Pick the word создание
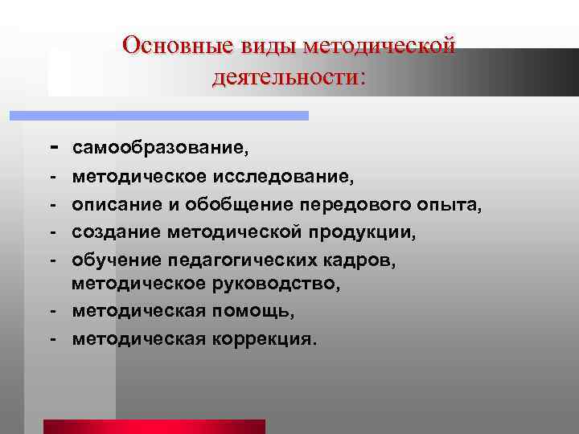click(117, 232)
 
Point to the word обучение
click(117, 260)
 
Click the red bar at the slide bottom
click(154, 427)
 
